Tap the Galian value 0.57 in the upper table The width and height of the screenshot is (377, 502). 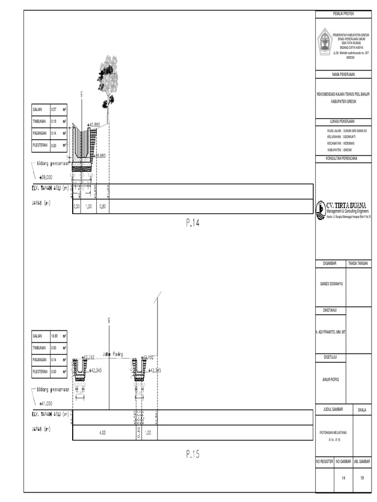click(54, 109)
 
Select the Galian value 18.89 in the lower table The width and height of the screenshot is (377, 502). click(54, 336)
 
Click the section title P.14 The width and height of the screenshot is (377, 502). click(193, 223)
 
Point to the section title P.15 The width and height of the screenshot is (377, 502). click(193, 454)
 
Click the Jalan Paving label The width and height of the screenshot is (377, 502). click(112, 353)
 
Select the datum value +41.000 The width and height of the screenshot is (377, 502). click(47, 404)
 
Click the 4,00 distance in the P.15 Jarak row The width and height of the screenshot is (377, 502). click(103, 432)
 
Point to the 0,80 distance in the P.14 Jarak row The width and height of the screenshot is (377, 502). click(103, 206)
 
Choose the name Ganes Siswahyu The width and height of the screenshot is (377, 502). click(331, 283)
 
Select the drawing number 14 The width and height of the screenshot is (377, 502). click(344, 477)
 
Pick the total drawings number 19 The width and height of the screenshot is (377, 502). click(363, 477)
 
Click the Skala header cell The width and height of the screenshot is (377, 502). click(363, 409)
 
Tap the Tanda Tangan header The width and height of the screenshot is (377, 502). click(360, 264)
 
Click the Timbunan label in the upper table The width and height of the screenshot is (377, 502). click(38, 121)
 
